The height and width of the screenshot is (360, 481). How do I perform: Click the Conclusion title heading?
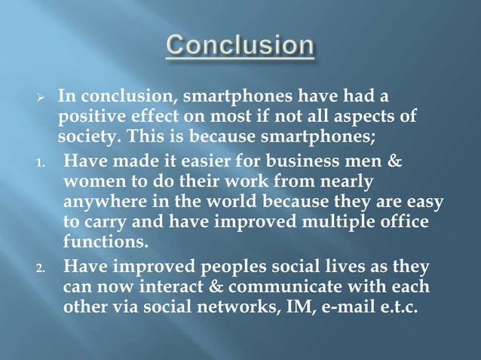(240, 47)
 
